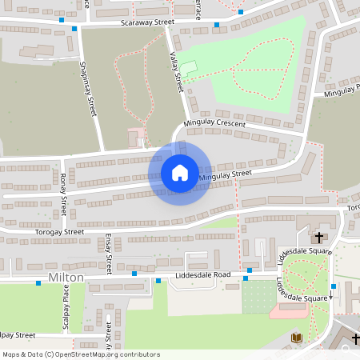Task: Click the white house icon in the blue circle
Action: point(180,173)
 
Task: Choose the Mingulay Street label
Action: point(225,174)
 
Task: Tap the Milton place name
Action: point(66,276)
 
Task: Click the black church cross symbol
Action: point(318,238)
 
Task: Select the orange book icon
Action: point(297,338)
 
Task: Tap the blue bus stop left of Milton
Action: point(38,283)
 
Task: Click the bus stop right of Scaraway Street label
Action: point(216,25)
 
